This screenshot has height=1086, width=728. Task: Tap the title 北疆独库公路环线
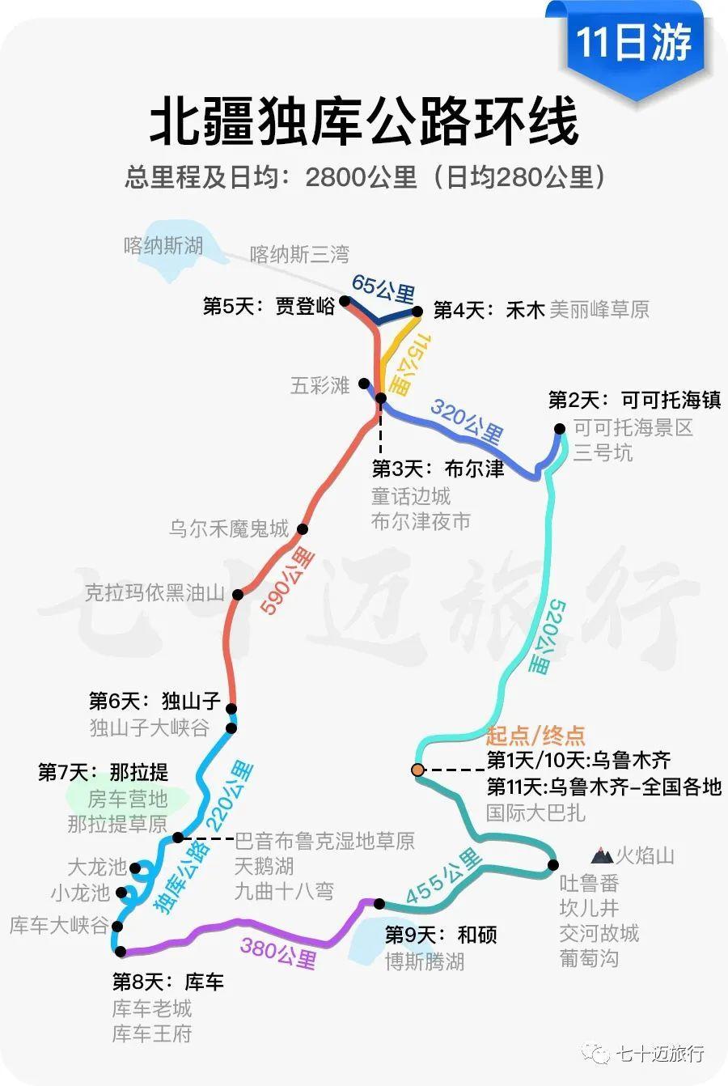364,121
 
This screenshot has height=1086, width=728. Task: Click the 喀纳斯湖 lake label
163,245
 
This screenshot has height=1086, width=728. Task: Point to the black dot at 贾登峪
345,301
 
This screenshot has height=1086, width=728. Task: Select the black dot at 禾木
417,311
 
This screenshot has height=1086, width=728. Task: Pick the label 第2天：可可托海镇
634,400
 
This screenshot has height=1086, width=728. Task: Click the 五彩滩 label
320,385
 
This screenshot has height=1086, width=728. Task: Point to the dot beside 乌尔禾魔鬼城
303,529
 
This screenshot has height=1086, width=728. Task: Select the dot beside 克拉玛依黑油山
238,595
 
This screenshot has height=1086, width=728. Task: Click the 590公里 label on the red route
287,580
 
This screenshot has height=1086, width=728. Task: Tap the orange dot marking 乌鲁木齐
417,770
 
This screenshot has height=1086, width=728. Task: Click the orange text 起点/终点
535,736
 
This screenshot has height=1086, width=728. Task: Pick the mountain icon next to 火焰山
601,855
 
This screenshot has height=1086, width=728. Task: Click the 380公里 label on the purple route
278,952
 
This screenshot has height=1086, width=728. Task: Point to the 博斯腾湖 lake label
425,961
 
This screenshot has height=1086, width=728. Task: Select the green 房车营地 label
127,800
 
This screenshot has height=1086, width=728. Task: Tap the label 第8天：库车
168,982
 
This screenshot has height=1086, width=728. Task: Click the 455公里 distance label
443,877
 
